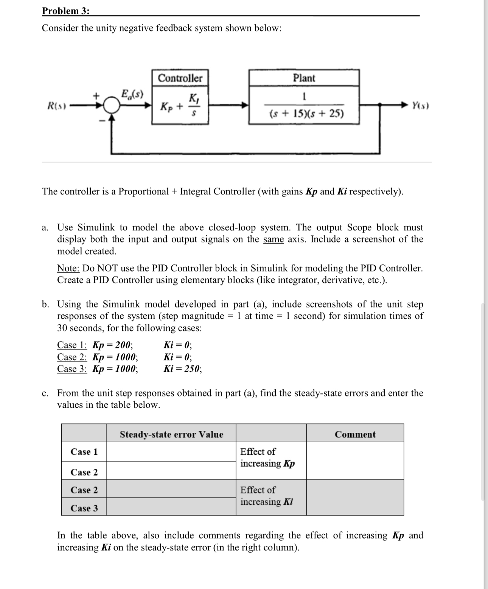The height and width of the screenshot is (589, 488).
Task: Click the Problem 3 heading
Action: [x=66, y=11]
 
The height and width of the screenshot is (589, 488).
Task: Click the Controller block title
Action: [x=180, y=78]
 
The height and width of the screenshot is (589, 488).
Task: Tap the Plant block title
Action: [x=304, y=78]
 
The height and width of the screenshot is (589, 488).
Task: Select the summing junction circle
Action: [x=111, y=105]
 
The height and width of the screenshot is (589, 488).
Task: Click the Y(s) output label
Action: [x=420, y=105]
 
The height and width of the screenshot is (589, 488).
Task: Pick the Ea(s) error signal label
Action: [x=132, y=93]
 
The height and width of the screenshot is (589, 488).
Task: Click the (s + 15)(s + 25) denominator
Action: [x=306, y=113]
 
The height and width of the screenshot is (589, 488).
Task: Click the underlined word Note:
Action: [x=68, y=268]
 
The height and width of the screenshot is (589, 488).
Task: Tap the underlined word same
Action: [x=274, y=239]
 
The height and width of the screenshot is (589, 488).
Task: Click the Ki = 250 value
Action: [x=183, y=369]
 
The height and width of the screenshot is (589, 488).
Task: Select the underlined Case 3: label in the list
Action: [x=72, y=369]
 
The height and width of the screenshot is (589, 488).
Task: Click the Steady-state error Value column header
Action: [x=171, y=434]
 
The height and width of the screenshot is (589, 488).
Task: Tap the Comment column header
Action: [x=355, y=434]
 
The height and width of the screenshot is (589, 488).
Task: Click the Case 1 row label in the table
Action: [x=84, y=452]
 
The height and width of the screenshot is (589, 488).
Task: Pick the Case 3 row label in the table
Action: [x=84, y=508]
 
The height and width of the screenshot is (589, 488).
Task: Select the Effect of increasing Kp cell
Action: [x=267, y=457]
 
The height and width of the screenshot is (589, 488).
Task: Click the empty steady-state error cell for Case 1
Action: [x=171, y=452]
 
